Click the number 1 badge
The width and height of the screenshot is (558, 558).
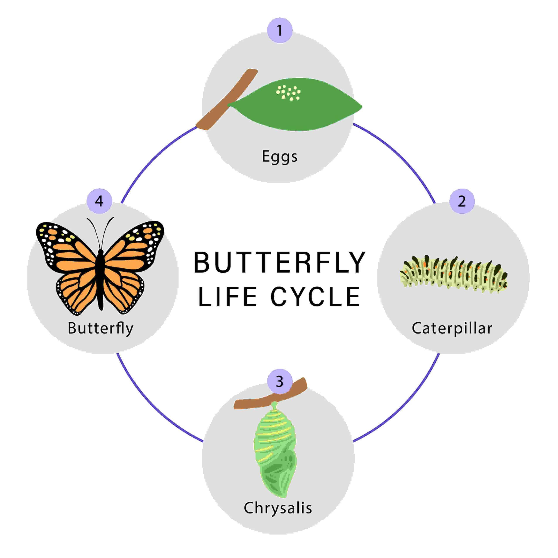pos(280,30)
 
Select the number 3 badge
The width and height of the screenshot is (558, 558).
pos(280,381)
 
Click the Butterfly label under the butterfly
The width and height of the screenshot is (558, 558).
pos(100,329)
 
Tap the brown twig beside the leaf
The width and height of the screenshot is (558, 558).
pos(227,99)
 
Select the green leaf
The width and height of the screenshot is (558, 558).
pos(295,104)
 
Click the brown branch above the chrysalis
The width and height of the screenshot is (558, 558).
pos(270,394)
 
